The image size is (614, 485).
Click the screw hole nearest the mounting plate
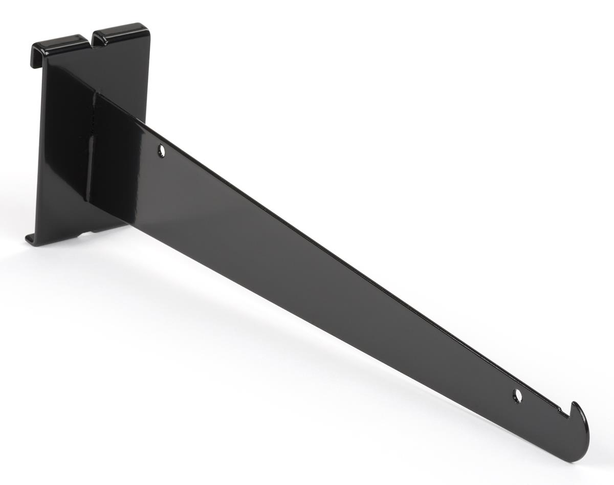(161, 150)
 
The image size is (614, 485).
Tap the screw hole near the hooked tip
(518, 395)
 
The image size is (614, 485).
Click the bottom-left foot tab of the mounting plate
(30, 239)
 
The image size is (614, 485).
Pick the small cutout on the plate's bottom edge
(84, 234)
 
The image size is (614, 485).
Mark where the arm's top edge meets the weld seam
(95, 93)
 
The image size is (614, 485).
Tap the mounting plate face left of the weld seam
(61, 153)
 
